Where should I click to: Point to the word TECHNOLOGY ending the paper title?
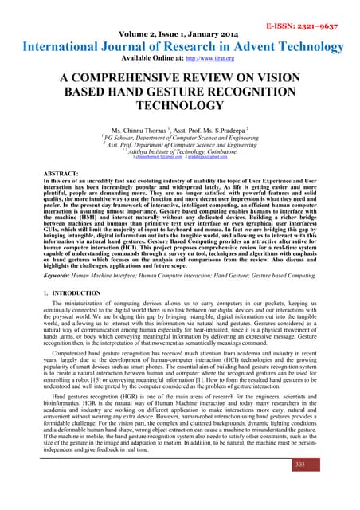click(x=179, y=105)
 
